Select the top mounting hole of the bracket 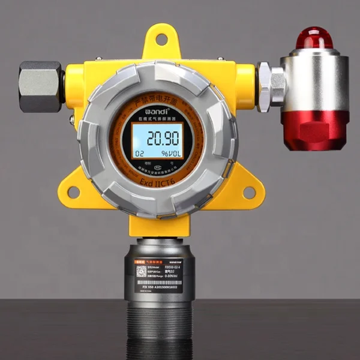(161, 40)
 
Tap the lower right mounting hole (248, 192)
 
